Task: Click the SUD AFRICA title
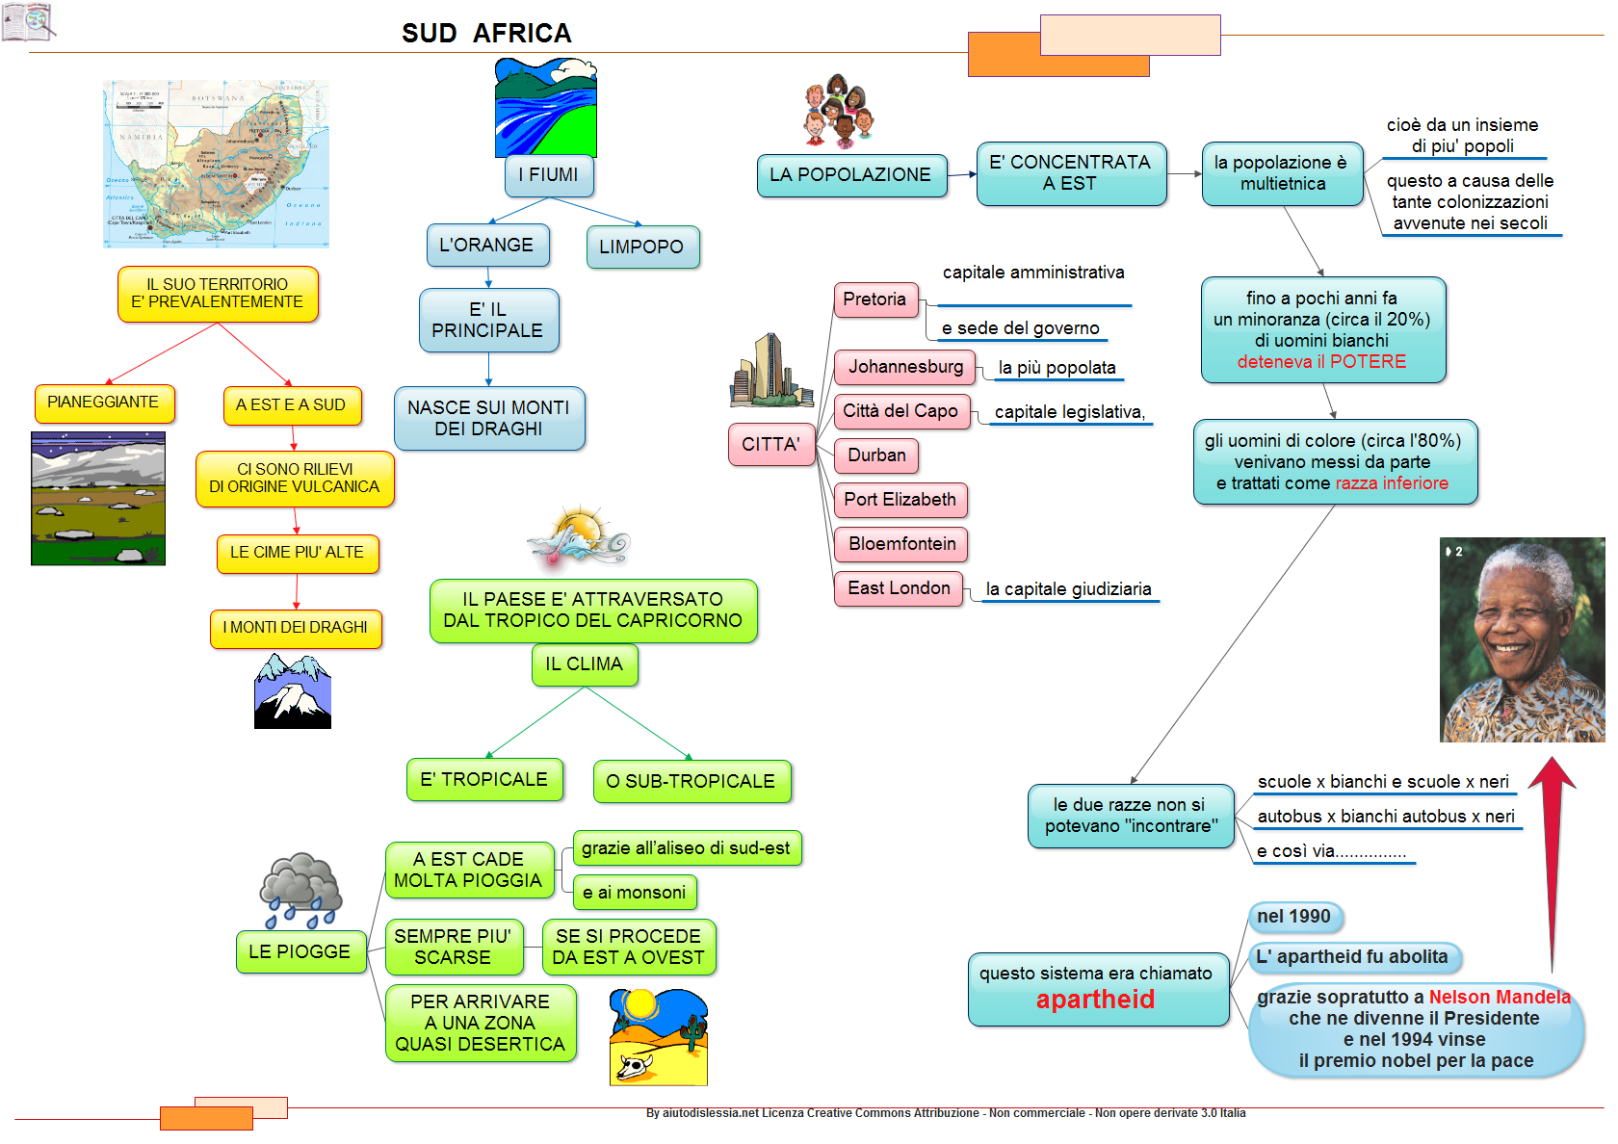tap(486, 34)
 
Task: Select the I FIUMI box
tap(548, 175)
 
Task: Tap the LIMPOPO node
tap(641, 247)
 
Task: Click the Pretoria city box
tap(874, 299)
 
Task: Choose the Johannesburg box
tap(905, 367)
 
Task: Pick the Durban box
tap(876, 455)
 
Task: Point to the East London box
tap(899, 588)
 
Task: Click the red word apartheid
tap(1095, 1000)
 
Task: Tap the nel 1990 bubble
tap(1293, 917)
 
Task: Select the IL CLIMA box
tap(584, 664)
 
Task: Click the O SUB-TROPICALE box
tap(691, 781)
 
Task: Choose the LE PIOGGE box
tap(300, 952)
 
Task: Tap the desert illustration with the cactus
tap(659, 1038)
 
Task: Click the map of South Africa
tap(216, 164)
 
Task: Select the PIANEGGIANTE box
tap(103, 403)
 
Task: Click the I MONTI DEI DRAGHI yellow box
tap(296, 628)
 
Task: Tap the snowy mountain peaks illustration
tap(293, 691)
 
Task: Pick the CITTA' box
tap(770, 445)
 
